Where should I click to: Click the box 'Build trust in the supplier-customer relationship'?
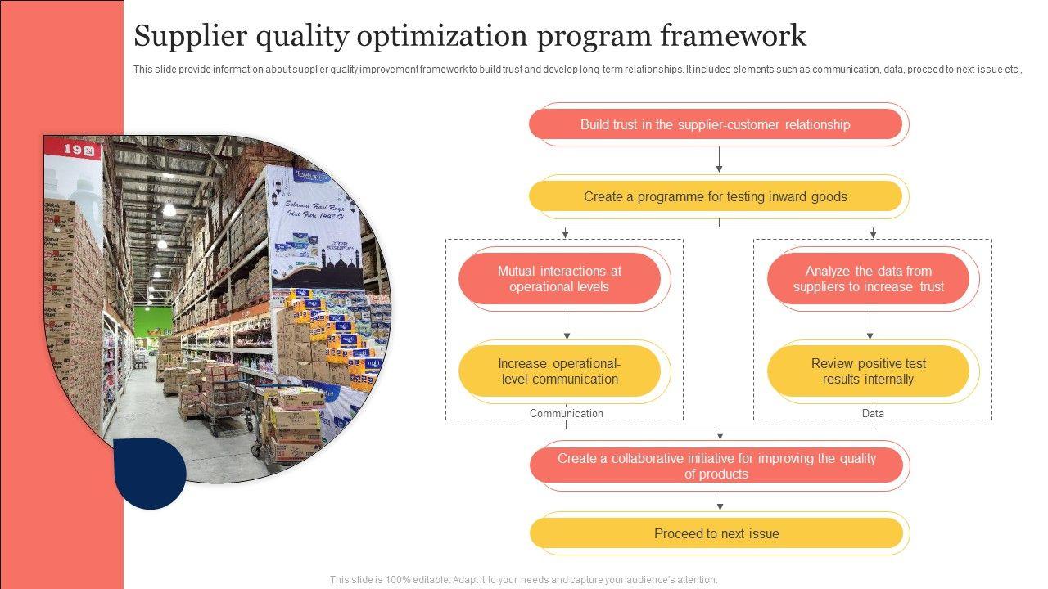[x=716, y=124]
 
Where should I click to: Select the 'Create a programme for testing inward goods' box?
[x=716, y=196]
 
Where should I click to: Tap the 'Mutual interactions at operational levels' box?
[x=559, y=279]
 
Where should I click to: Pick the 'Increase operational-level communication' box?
[x=559, y=371]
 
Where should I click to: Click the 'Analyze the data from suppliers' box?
[x=869, y=279]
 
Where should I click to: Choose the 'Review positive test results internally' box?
[x=869, y=371]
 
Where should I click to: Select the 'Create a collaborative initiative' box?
[x=716, y=465]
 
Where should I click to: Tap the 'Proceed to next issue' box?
[x=716, y=533]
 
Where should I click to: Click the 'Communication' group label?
[x=566, y=413]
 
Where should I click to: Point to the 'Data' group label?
[x=873, y=413]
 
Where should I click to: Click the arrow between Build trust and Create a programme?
[x=719, y=160]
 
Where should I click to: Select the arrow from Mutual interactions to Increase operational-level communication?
[x=567, y=326]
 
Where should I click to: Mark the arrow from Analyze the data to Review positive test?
[x=870, y=326]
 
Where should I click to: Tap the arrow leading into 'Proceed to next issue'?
[x=720, y=501]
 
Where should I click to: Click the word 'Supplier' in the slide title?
[x=191, y=36]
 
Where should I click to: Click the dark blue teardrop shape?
[x=150, y=473]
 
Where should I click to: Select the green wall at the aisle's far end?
[x=152, y=321]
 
